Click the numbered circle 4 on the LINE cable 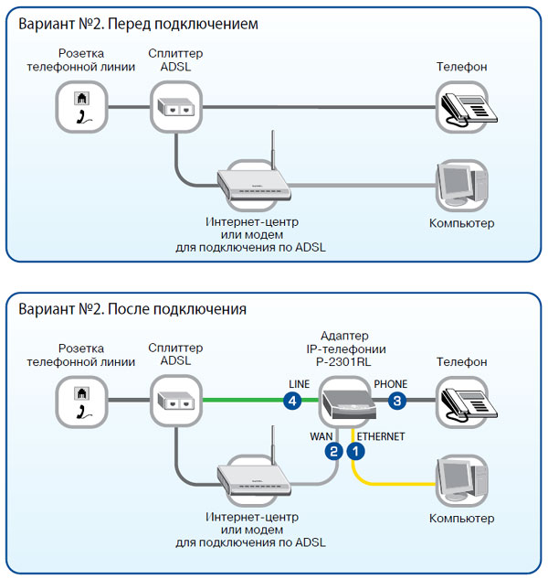[292, 401]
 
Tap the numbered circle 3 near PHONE [397, 401]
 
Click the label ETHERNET [381, 437]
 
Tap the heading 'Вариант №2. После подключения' [132, 309]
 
